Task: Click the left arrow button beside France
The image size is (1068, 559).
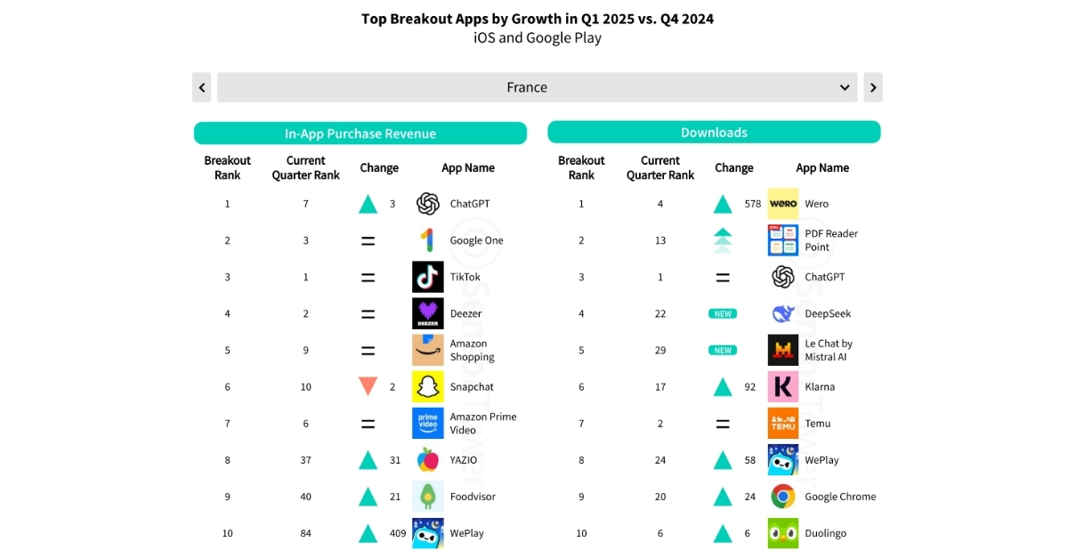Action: (202, 87)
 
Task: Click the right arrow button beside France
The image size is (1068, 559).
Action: (873, 87)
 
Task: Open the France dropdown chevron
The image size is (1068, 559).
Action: (845, 87)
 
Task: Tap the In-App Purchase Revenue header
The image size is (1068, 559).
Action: (360, 134)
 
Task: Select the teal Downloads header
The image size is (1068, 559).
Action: (714, 133)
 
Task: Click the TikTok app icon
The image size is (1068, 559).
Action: (428, 277)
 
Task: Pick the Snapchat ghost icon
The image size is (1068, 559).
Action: (428, 386)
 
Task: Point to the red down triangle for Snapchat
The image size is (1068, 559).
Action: (368, 386)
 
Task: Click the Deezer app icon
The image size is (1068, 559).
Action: (428, 313)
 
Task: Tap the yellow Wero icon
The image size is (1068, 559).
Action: (783, 204)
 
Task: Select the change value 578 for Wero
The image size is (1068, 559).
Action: (753, 204)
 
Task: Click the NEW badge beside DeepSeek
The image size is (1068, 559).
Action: (723, 313)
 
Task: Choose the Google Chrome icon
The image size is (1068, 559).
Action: (783, 497)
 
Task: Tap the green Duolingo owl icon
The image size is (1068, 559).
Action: (783, 533)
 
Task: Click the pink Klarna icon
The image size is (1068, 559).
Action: (783, 386)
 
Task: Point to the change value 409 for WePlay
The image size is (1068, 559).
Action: (398, 533)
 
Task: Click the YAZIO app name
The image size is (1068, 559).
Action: (464, 460)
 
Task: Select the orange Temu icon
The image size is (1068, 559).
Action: (783, 424)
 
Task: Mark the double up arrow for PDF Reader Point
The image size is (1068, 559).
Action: (723, 240)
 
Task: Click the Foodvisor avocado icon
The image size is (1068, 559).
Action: (428, 497)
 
